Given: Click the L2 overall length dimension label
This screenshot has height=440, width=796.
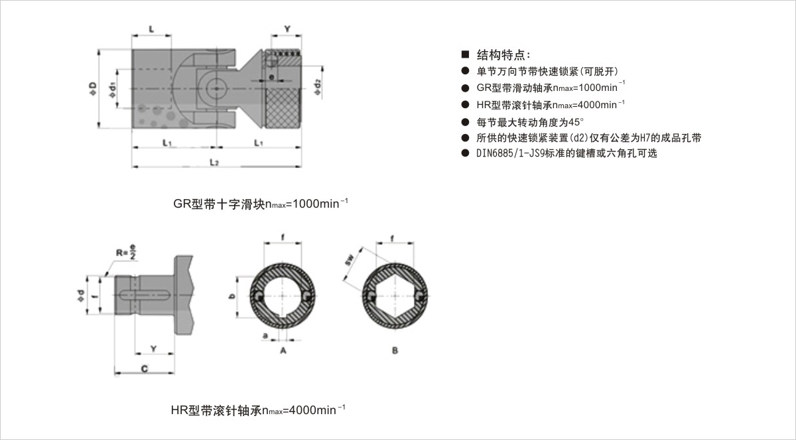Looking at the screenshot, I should click(214, 162).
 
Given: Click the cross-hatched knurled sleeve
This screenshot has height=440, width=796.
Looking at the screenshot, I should click(285, 107).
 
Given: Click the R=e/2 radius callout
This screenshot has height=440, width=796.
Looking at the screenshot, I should click(126, 254).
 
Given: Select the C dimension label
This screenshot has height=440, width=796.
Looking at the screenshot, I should click(144, 369).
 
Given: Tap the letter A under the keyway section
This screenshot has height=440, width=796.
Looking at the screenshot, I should click(283, 350).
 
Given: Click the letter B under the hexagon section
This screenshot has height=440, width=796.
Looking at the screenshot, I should click(395, 350).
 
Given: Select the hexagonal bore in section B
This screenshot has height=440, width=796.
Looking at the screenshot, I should click(395, 297).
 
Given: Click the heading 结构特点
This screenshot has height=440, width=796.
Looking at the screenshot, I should click(504, 54).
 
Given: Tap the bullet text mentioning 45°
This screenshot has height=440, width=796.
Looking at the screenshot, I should click(531, 121).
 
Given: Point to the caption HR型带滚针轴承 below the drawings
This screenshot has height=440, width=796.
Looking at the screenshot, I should click(258, 409).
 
